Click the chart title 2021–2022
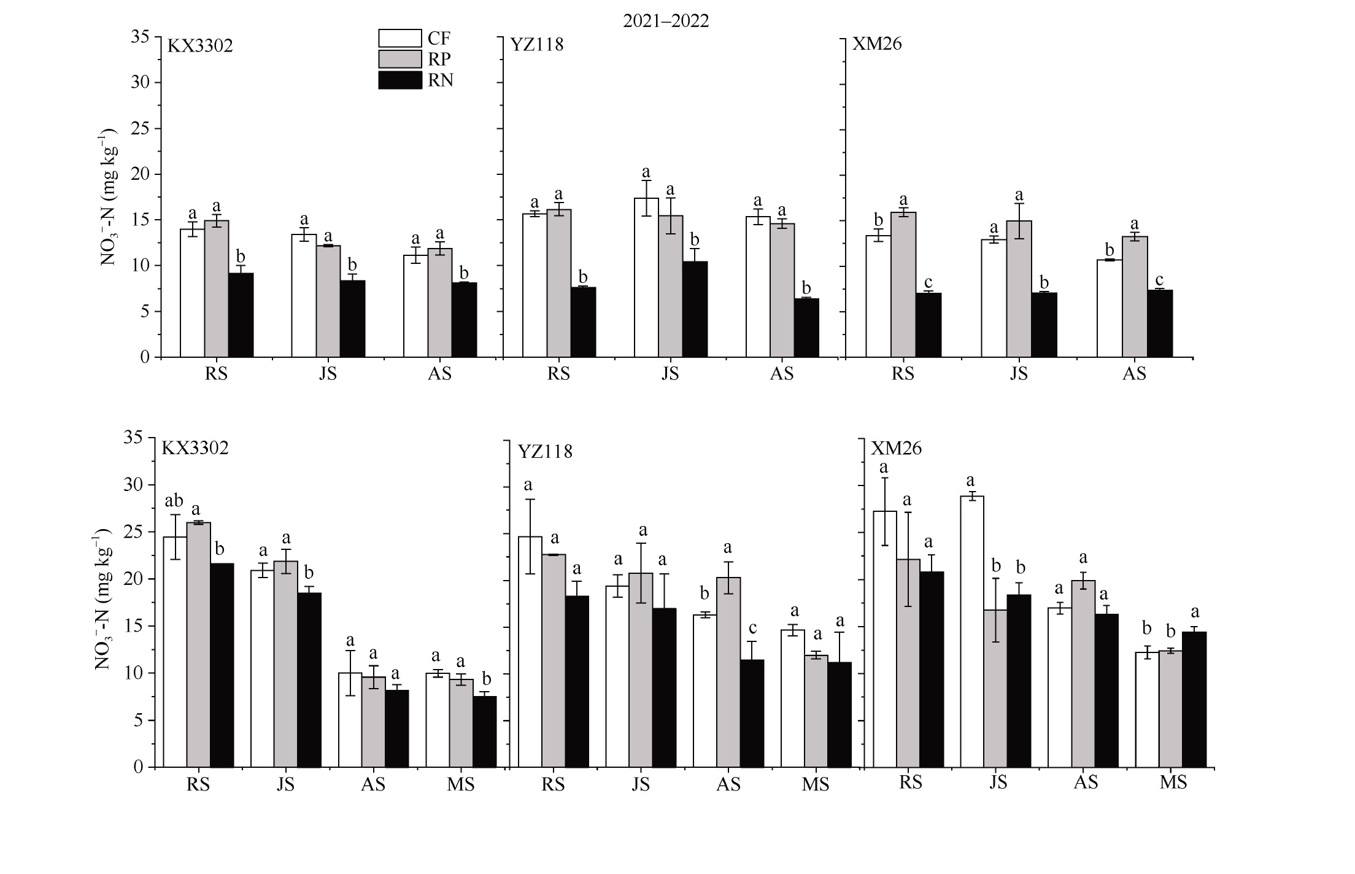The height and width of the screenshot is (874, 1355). coord(666,21)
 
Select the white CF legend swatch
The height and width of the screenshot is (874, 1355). coord(400,39)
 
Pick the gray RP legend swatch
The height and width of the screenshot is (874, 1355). coord(400,59)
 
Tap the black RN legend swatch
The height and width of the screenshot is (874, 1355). coord(400,80)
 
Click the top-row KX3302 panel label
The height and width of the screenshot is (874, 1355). coord(201,46)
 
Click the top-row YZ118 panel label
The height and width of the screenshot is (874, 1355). coord(537,45)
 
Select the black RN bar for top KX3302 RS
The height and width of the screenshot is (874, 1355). coord(241,315)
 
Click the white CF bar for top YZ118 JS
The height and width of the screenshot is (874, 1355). coord(646,277)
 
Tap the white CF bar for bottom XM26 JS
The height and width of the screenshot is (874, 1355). coord(971,632)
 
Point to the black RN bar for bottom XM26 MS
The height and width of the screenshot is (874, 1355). coord(1194,700)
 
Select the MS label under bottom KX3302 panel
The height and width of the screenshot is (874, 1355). coord(461,784)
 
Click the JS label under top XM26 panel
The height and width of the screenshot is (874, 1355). coord(1019,373)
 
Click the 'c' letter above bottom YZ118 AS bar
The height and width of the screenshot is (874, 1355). coord(752,628)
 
